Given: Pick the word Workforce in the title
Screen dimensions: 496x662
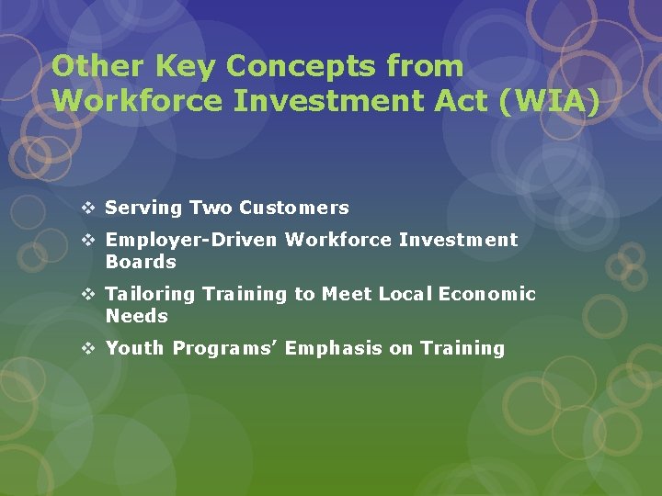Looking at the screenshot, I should click(137, 100).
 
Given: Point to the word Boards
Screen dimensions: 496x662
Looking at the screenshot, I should click(141, 262).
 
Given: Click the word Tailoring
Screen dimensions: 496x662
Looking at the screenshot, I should click(151, 294).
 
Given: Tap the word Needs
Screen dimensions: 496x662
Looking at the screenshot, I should click(137, 316).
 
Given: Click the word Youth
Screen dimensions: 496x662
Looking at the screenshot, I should click(135, 348).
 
